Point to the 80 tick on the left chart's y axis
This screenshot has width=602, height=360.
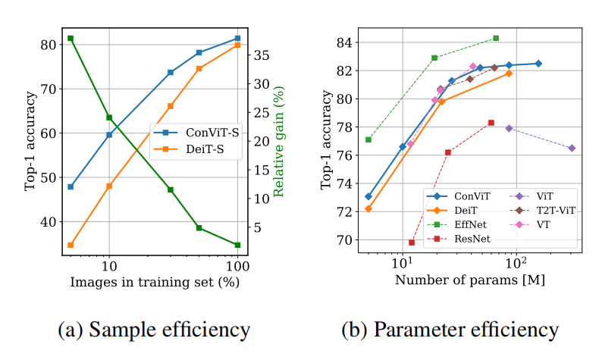click(x=48, y=45)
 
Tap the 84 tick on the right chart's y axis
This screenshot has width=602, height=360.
click(x=339, y=42)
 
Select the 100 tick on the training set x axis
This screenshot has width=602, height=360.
click(x=237, y=268)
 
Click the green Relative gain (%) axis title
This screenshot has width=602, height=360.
click(x=278, y=142)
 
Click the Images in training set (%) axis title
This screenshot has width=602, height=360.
click(x=155, y=283)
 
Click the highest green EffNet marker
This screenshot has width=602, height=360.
click(x=496, y=38)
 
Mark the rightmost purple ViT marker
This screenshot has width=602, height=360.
click(x=572, y=148)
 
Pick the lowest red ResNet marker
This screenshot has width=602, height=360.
click(x=412, y=243)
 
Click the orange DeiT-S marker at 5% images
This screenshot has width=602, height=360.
click(x=71, y=245)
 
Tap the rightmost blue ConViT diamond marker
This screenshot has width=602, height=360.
click(x=538, y=64)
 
